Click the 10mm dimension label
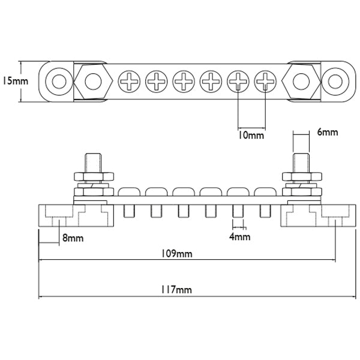250,135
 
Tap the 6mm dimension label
327,131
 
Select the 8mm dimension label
73,238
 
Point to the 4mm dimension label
239,237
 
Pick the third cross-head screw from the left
184,81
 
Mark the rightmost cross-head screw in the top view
265,81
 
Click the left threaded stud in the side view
92,163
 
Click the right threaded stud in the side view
299,163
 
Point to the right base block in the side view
317,215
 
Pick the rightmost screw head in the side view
265,192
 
